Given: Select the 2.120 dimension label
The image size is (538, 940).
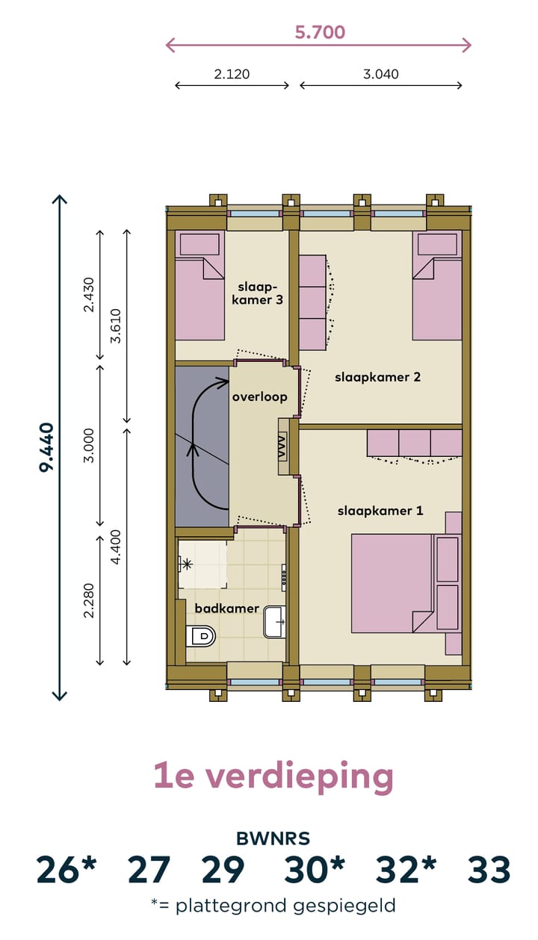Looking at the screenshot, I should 232,74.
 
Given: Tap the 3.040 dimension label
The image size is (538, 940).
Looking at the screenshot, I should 380,74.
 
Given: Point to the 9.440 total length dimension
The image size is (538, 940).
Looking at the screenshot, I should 46,447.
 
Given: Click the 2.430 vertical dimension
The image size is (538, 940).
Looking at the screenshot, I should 89,294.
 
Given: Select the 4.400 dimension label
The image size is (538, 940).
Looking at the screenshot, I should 114,547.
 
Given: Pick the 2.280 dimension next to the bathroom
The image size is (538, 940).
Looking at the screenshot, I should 89,599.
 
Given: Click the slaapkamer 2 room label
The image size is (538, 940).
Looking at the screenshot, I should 378,377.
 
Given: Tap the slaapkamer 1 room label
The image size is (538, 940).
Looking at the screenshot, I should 380,511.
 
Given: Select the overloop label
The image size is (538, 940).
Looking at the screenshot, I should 259,397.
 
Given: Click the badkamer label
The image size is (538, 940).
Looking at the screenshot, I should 227,608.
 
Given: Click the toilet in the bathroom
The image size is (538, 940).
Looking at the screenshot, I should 200,636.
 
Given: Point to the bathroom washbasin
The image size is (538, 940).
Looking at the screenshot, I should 274,622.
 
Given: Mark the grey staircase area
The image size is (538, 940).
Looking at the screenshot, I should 202,446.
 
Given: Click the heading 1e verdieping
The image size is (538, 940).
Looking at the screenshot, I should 273,776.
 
